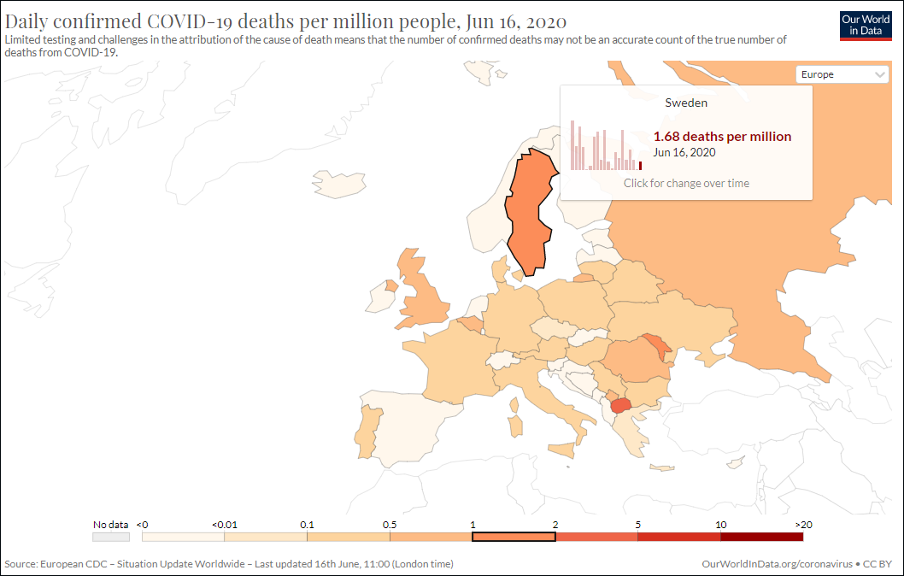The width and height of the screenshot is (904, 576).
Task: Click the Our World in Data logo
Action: pyautogui.click(x=865, y=26)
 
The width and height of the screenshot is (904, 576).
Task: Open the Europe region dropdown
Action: pyautogui.click(x=842, y=74)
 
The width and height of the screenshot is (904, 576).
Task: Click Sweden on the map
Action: pyautogui.click(x=527, y=214)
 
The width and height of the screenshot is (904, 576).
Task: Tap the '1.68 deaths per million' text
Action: pyautogui.click(x=722, y=137)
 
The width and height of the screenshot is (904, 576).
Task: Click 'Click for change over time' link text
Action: pyautogui.click(x=686, y=183)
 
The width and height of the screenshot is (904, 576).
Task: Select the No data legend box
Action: pyautogui.click(x=111, y=537)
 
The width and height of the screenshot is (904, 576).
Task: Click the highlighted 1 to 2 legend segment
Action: pyautogui.click(x=514, y=537)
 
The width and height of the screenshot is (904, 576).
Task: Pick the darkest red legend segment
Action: pyautogui.click(x=761, y=537)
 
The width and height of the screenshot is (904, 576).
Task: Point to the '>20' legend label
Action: pyautogui.click(x=802, y=524)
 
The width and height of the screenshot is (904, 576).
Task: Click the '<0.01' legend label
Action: pyautogui.click(x=224, y=524)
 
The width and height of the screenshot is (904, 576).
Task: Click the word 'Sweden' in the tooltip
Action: pyautogui.click(x=686, y=103)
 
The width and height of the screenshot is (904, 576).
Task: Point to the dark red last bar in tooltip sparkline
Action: pyautogui.click(x=640, y=165)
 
